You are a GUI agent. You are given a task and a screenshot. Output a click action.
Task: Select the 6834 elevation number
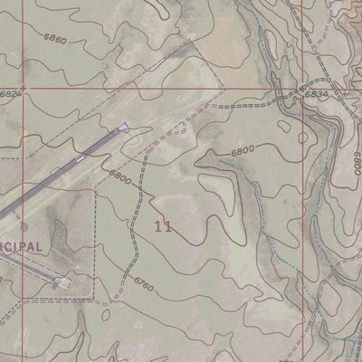316,93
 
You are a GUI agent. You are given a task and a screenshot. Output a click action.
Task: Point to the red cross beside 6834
301,89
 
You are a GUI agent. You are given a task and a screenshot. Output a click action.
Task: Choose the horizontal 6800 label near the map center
242,151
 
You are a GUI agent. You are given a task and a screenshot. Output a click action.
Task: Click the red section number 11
163,226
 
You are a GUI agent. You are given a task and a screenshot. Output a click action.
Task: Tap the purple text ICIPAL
20,246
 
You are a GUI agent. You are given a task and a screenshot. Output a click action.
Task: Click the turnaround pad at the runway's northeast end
124,129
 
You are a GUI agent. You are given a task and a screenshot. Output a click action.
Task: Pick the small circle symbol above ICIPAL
24,227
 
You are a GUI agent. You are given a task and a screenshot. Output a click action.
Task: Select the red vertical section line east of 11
301,226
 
